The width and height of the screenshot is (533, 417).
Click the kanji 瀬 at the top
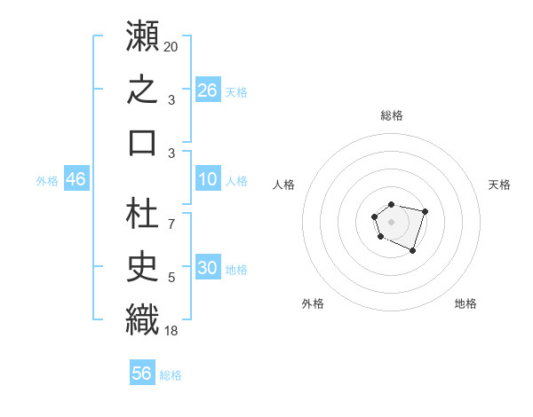[142, 35]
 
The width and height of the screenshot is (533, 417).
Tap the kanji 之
[142, 89]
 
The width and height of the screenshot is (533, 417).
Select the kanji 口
[142, 143]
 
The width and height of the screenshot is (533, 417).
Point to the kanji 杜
[142, 213]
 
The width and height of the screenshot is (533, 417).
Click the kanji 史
[142, 266]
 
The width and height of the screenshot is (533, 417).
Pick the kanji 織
[142, 320]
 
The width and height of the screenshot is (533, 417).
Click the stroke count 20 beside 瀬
[171, 47]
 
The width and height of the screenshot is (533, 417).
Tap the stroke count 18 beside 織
[171, 331]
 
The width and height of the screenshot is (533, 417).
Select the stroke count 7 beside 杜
[171, 224]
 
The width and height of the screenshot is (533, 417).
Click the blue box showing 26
[208, 90]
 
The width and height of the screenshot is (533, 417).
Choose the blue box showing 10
[208, 178]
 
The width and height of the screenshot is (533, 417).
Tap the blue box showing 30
[208, 266]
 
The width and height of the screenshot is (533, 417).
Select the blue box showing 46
[76, 178]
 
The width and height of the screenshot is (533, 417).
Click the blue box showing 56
[142, 372]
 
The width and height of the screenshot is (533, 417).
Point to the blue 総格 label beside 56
[171, 375]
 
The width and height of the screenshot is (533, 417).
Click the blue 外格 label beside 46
[47, 181]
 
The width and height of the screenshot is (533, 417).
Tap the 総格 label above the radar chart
[392, 115]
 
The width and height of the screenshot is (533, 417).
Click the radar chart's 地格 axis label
[465, 303]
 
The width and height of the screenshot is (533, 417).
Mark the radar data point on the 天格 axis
[425, 211]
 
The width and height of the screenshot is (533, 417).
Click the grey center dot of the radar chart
[391, 222]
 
